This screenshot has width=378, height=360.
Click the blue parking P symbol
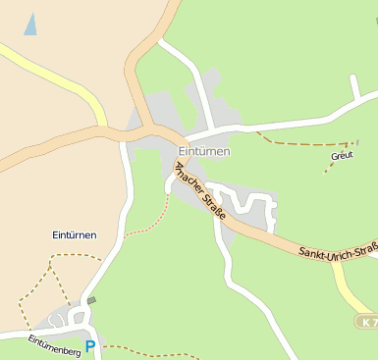(x=90, y=346)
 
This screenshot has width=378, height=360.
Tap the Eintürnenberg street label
(x=53, y=343)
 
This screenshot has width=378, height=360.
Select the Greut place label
(x=342, y=155)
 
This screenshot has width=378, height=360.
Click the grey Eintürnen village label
(x=204, y=151)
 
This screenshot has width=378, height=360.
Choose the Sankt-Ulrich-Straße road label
(x=339, y=252)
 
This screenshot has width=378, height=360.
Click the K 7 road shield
(x=366, y=322)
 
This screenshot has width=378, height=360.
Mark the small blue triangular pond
(x=30, y=25)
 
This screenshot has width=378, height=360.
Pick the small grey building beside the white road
(x=91, y=300)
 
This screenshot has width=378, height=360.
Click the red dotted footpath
(x=147, y=225)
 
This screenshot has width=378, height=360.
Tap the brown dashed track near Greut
(x=295, y=143)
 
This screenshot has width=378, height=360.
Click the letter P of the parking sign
(x=90, y=346)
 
